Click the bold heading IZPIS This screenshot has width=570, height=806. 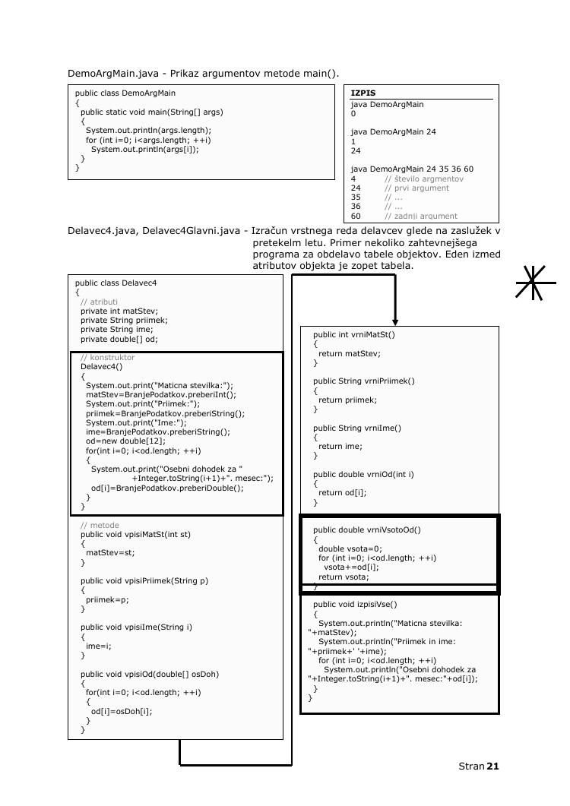[363, 93]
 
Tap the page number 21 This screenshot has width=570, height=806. [492, 766]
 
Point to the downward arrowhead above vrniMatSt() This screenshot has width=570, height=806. [395, 321]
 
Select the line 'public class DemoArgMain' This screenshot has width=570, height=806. [125, 93]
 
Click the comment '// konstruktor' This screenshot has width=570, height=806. [107, 357]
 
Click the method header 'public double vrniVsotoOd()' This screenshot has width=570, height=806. [366, 530]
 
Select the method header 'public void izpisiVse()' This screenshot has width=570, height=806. [355, 605]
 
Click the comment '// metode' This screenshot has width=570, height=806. [100, 525]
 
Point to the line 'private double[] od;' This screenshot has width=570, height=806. [119, 340]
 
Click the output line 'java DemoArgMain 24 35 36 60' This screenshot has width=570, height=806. [412, 169]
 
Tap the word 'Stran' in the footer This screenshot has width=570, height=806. [470, 766]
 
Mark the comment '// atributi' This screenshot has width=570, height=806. [99, 302]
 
